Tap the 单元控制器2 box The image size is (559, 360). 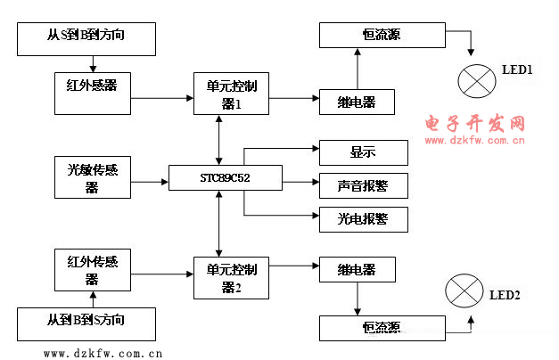tap(231, 276)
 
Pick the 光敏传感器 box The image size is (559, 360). tap(92, 176)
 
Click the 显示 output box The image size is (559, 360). tap(363, 152)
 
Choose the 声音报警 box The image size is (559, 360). tap(363, 185)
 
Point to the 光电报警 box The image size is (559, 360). tap(363, 218)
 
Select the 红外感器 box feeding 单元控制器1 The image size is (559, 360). tap(92, 86)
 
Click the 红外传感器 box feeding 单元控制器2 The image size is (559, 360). tap(92, 269)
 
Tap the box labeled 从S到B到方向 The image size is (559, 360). tap(87, 38)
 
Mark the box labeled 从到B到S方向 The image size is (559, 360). tap(87, 322)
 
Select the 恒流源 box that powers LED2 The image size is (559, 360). tap(382, 327)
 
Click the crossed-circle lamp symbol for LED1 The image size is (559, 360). tap(475, 79)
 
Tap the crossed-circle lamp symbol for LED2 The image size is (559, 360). tap(464, 291)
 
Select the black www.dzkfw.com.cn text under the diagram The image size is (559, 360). tap(103, 353)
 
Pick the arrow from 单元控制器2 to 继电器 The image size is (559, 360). tap(293, 266)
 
